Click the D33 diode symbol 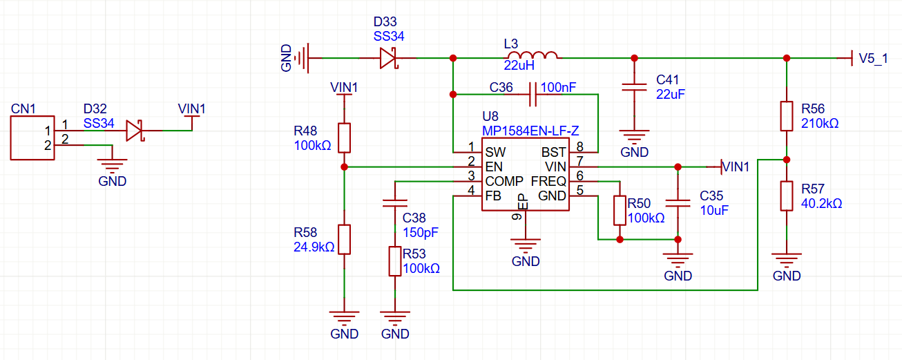tap(389, 59)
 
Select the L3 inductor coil tap(532, 55)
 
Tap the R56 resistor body tap(787, 116)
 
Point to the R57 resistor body tap(787, 196)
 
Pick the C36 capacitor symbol tap(532, 95)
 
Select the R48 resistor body tap(344, 138)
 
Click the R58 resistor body tap(344, 240)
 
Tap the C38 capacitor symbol tap(395, 203)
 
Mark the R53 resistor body tap(395, 261)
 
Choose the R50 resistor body tap(620, 211)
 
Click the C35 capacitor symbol tap(678, 203)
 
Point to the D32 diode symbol tap(135, 131)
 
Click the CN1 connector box tap(32, 138)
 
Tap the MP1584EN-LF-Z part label tap(530, 131)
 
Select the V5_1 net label tap(873, 59)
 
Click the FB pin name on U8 tap(493, 196)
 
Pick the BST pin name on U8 tap(554, 152)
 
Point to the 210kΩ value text tap(820, 123)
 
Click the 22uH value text tap(519, 65)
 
